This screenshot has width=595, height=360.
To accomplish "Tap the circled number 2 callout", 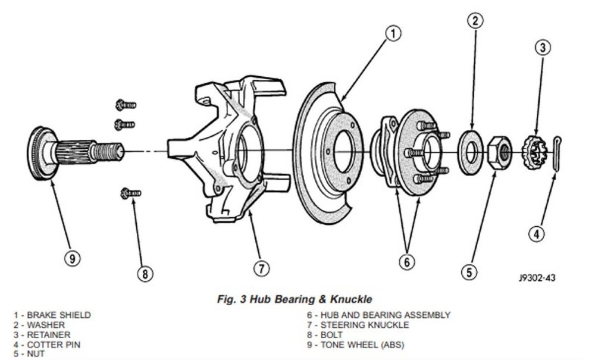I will pos(474,21).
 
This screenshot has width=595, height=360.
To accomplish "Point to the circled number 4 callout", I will pos(537,234).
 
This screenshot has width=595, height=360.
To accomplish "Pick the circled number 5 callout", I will pos(469,272).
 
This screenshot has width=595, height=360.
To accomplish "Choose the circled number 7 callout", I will pos(262,268).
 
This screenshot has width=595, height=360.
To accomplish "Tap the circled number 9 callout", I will pos(71,258).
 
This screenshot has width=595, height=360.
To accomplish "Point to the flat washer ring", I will pos(471,151).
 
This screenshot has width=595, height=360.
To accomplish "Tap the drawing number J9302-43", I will pos(537,277).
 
